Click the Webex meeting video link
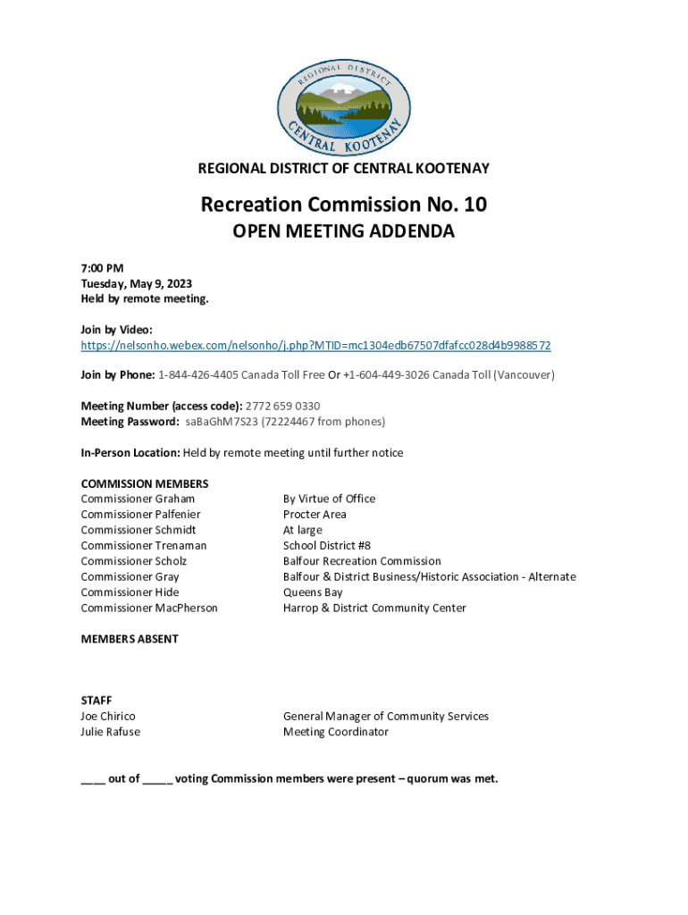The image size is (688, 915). tap(315, 345)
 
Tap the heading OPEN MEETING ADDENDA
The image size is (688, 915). tap(344, 231)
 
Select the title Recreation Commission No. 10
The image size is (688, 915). tap(344, 205)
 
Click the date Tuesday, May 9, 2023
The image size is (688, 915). tap(136, 283)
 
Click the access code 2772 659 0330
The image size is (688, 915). tap(282, 407)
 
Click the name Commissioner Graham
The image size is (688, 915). tap(138, 499)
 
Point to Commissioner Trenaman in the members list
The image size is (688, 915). tap(144, 545)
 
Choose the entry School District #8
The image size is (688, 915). tap(326, 545)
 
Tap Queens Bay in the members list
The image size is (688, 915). tap(313, 592)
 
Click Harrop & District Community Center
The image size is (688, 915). tap(374, 608)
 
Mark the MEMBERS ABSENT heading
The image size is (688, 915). tap(130, 639)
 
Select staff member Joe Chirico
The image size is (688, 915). tap(108, 716)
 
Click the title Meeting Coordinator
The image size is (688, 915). tap(336, 732)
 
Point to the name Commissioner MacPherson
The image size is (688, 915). tap(149, 608)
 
